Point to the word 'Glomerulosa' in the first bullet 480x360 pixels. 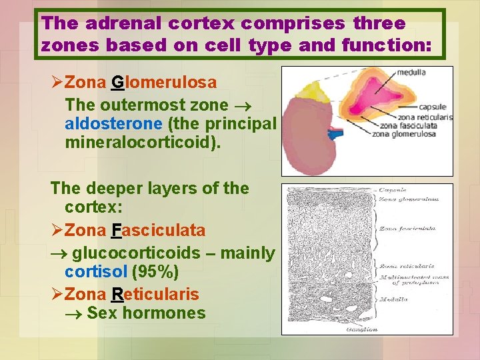[x=163, y=83]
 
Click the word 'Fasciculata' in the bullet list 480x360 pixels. [x=158, y=231]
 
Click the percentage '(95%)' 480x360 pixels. [x=155, y=272]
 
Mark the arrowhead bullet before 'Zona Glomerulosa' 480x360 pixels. [x=57, y=83]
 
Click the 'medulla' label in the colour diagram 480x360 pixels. [x=411, y=72]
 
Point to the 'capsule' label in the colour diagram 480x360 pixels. [x=432, y=107]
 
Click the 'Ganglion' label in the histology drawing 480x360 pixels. [x=361, y=329]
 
